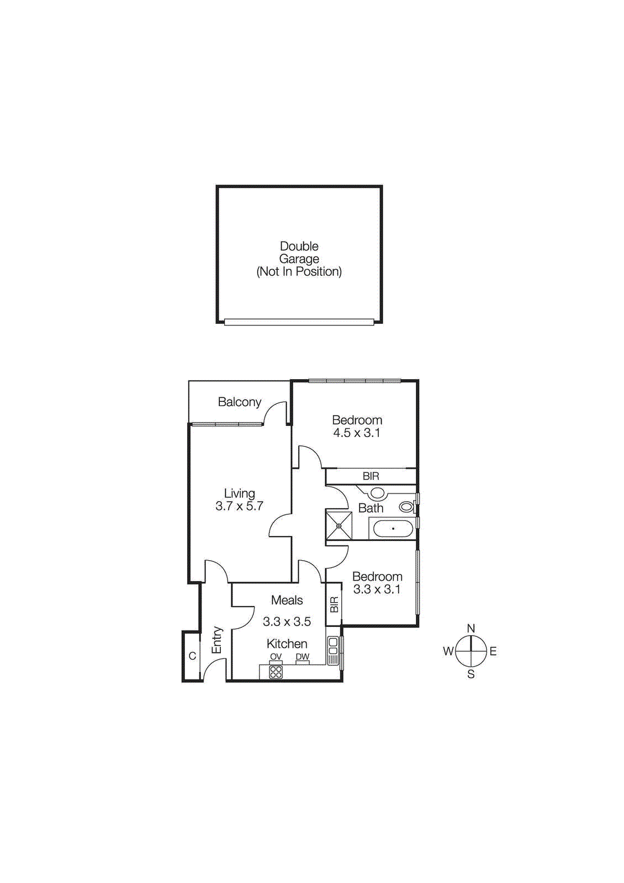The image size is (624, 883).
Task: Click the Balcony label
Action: [240, 402]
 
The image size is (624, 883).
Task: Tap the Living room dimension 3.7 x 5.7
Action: [240, 506]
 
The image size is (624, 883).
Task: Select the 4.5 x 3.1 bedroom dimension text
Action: [357, 433]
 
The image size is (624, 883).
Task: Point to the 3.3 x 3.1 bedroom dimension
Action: [377, 589]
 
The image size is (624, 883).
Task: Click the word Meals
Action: [287, 600]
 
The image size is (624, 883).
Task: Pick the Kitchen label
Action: [287, 644]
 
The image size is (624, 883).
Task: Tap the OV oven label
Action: [276, 657]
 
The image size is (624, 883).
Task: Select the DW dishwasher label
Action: [303, 657]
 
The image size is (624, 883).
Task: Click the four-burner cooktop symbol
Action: [276, 672]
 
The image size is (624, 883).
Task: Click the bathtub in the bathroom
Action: [393, 529]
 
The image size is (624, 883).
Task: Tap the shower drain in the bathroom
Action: [339, 525]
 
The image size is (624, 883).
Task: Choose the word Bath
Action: [371, 508]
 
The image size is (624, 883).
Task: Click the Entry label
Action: [217, 640]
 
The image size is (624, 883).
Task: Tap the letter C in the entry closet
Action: [193, 656]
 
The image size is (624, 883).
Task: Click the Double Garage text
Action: [299, 253]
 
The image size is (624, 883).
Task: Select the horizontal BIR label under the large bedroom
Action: [371, 476]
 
